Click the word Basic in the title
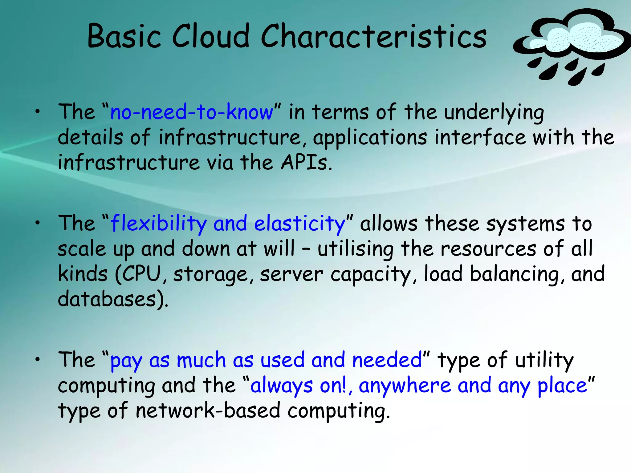124,36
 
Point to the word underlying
494,112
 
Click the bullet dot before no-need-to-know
38,112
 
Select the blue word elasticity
300,224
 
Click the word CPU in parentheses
141,273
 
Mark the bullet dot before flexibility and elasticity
38,224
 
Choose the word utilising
356,249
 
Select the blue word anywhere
405,385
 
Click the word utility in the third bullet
544,360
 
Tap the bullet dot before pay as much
38,360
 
